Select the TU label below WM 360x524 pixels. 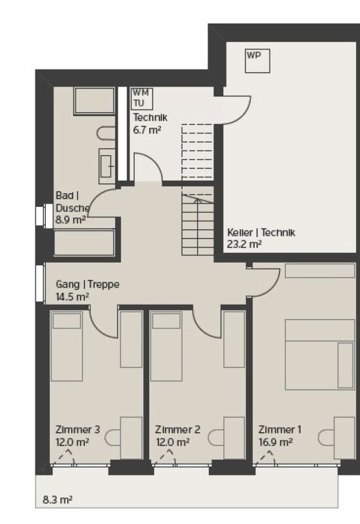coord(139,103)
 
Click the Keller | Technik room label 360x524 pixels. coord(261,233)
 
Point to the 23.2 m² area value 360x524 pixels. coord(245,244)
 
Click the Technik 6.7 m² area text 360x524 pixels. coord(147,130)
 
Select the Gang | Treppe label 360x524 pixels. coord(87,286)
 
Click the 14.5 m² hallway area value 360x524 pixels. coord(72,297)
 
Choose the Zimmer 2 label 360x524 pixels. coord(177,430)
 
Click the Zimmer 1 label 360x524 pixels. coord(279,430)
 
